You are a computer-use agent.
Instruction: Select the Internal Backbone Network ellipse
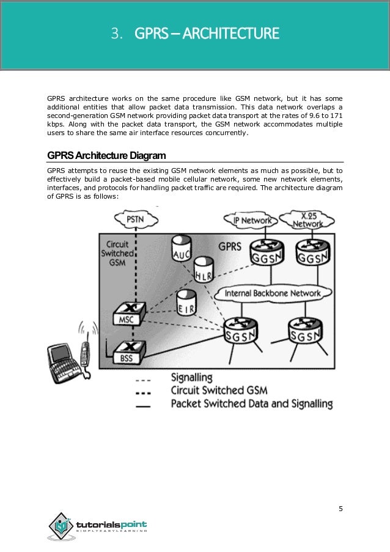point(272,293)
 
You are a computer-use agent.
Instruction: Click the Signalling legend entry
point(191,377)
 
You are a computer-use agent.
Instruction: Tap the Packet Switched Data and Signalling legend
point(251,403)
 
